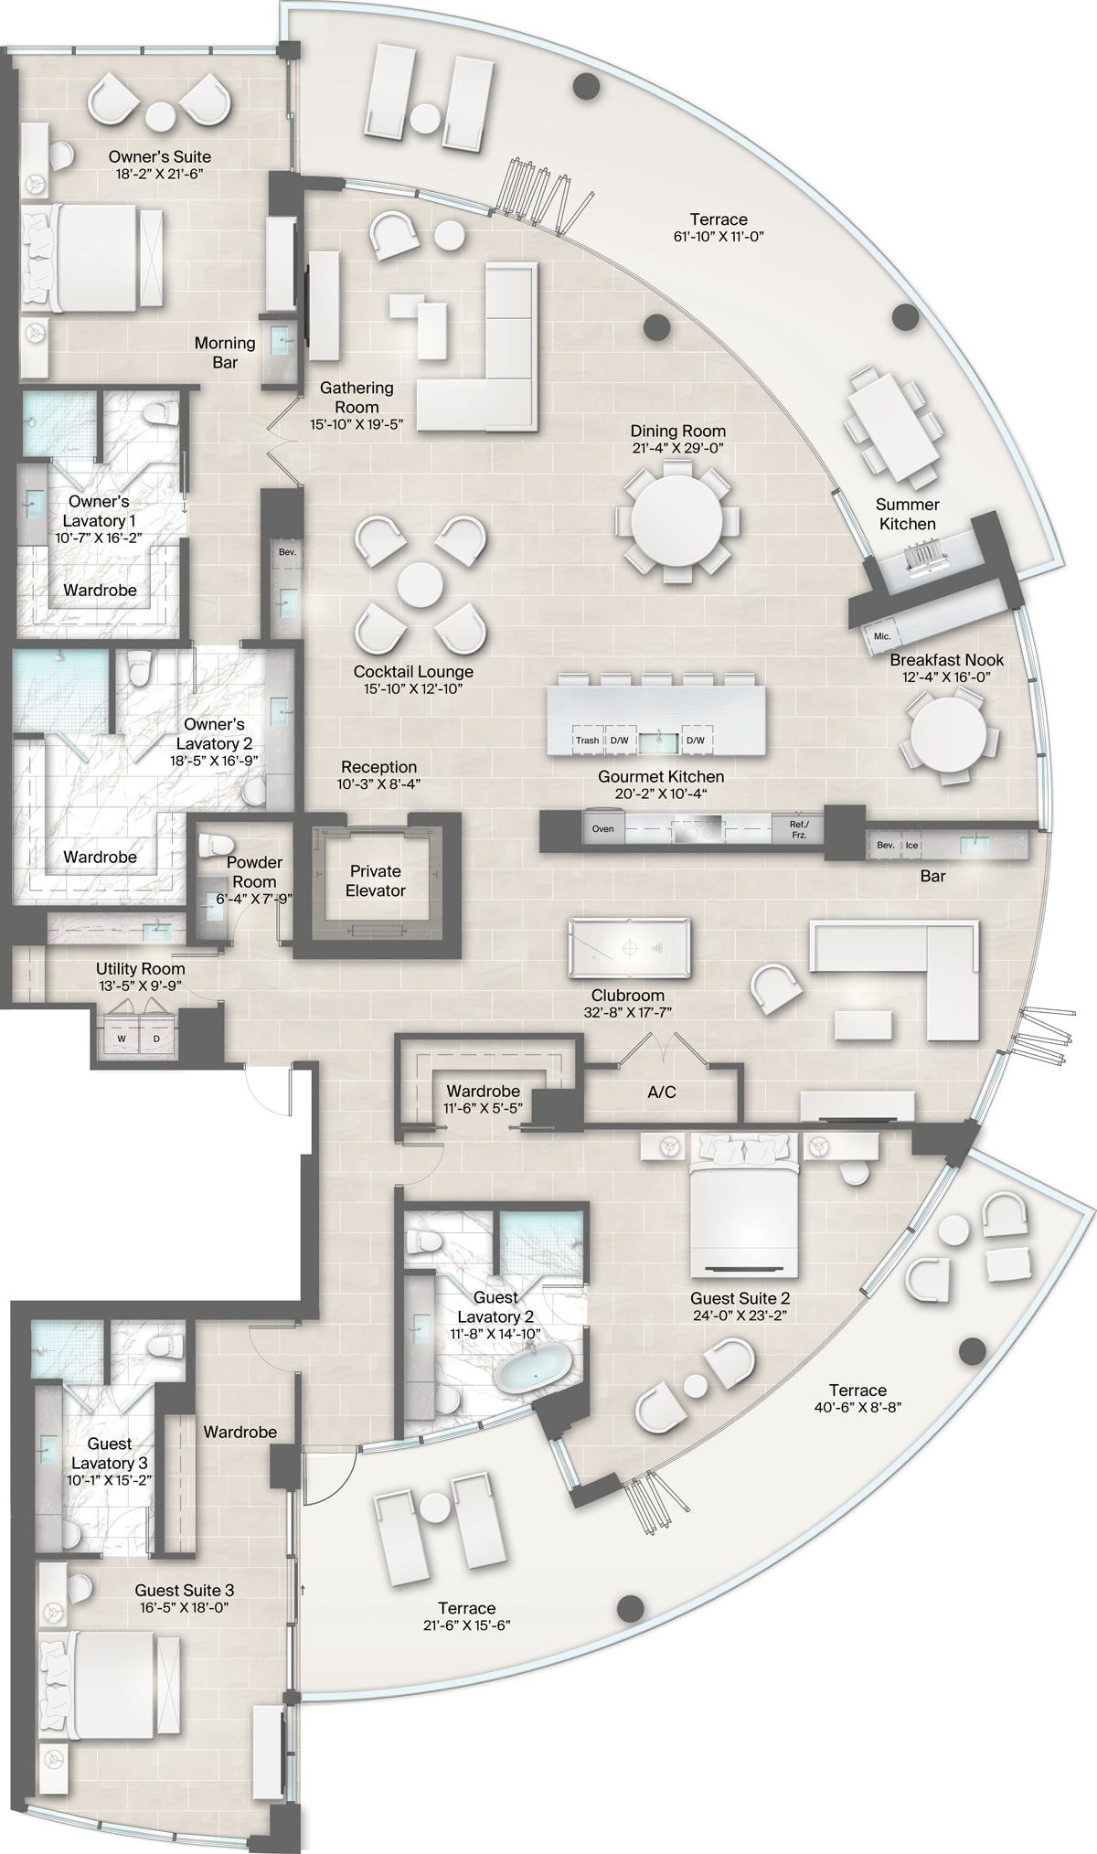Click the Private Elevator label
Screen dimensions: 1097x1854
(x=376, y=880)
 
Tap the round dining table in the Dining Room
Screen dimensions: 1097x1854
(x=676, y=522)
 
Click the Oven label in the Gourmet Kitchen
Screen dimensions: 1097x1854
(x=602, y=828)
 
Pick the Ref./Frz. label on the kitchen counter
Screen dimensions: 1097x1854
(x=799, y=828)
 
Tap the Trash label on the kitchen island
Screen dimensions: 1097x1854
(x=587, y=741)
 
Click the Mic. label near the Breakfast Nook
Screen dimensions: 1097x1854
(x=882, y=635)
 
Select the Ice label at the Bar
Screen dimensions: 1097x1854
(x=911, y=845)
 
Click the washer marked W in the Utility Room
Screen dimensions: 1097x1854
(x=122, y=1038)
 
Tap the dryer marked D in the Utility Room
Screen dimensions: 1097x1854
(x=156, y=1038)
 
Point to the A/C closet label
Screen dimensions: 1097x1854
(x=661, y=1092)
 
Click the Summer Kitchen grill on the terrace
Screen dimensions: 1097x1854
(x=924, y=556)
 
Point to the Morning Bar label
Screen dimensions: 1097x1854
(x=225, y=352)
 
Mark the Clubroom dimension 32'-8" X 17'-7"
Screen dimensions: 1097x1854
(x=627, y=1013)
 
